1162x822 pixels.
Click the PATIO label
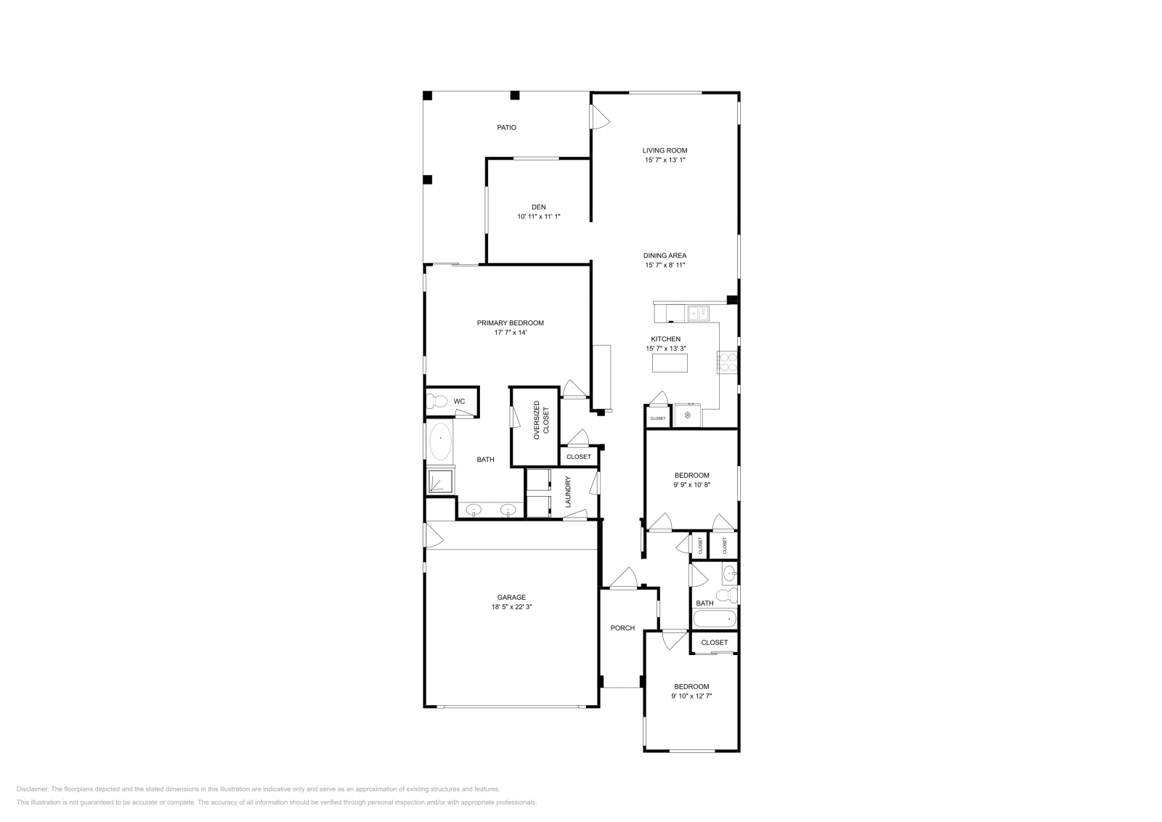click(x=506, y=128)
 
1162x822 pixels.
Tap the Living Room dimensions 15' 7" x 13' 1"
click(x=665, y=160)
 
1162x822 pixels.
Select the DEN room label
click(x=538, y=207)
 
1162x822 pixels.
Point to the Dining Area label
click(x=665, y=256)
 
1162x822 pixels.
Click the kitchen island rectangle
click(x=669, y=363)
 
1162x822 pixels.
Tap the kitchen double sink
click(x=699, y=314)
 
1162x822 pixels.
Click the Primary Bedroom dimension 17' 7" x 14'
click(x=510, y=333)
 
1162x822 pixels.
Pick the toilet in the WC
click(x=438, y=401)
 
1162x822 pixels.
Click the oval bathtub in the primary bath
click(x=440, y=440)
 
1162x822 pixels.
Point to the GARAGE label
click(x=511, y=598)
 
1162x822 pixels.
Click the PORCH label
click(x=622, y=628)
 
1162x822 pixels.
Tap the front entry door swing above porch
click(x=623, y=579)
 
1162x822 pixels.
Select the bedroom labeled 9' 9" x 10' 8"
click(x=691, y=480)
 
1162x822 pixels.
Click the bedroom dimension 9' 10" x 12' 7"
click(x=691, y=696)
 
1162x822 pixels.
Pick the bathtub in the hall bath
click(x=715, y=619)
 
